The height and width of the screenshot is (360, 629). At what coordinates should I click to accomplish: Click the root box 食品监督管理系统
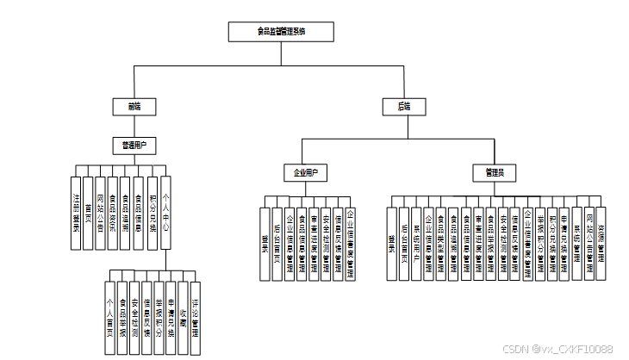click(x=281, y=32)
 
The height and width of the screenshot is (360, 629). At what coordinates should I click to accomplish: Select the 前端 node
click(x=134, y=107)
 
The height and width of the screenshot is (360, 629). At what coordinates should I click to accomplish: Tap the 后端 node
click(x=404, y=107)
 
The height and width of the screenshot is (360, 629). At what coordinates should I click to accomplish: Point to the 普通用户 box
click(x=134, y=146)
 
